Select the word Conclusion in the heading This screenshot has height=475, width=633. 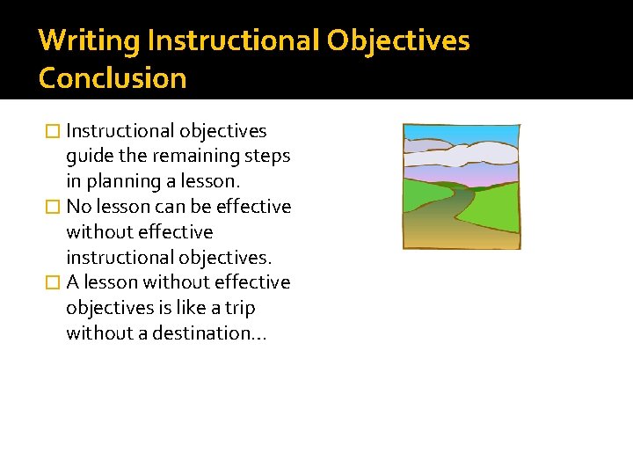point(113,78)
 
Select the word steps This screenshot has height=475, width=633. point(269,157)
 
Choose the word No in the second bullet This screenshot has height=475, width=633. point(78,207)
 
